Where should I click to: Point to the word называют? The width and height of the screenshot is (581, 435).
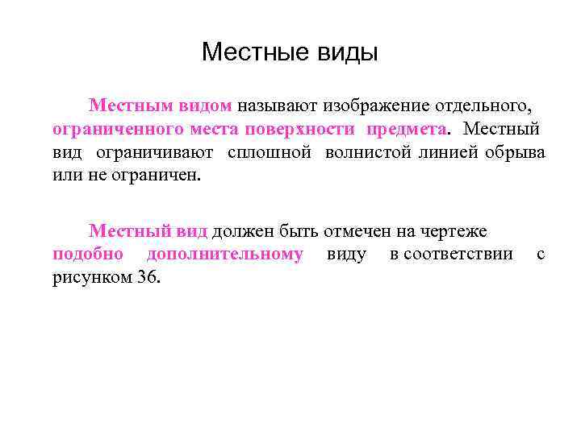(278, 106)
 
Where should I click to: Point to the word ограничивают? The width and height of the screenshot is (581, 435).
(154, 152)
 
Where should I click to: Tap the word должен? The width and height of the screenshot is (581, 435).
(244, 231)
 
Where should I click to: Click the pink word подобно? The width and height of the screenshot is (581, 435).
(87, 255)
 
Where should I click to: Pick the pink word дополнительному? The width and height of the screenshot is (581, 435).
(224, 255)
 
